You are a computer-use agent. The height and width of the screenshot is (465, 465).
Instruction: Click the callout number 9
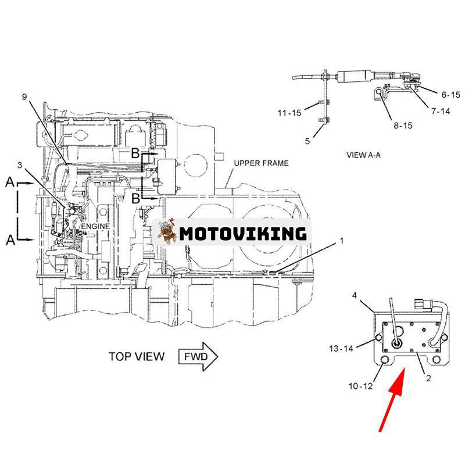pyautogui.click(x=25, y=97)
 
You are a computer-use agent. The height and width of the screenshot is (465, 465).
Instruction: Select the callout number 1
pyautogui.click(x=342, y=240)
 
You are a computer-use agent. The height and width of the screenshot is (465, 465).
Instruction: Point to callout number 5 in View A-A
pyautogui.click(x=308, y=140)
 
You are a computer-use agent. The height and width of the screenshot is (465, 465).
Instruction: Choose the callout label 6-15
pyautogui.click(x=450, y=94)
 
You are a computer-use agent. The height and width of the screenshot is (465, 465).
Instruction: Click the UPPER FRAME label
pyautogui.click(x=260, y=163)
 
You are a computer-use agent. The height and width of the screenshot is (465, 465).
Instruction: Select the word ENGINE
pyautogui.click(x=95, y=226)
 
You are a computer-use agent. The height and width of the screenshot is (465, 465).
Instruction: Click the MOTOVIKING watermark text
pyautogui.click(x=242, y=234)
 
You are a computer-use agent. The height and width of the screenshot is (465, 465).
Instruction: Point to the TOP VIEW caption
pyautogui.click(x=137, y=356)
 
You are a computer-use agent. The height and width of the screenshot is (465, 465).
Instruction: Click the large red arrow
pyautogui.click(x=391, y=401)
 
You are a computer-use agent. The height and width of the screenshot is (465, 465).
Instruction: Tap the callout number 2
pyautogui.click(x=428, y=378)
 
